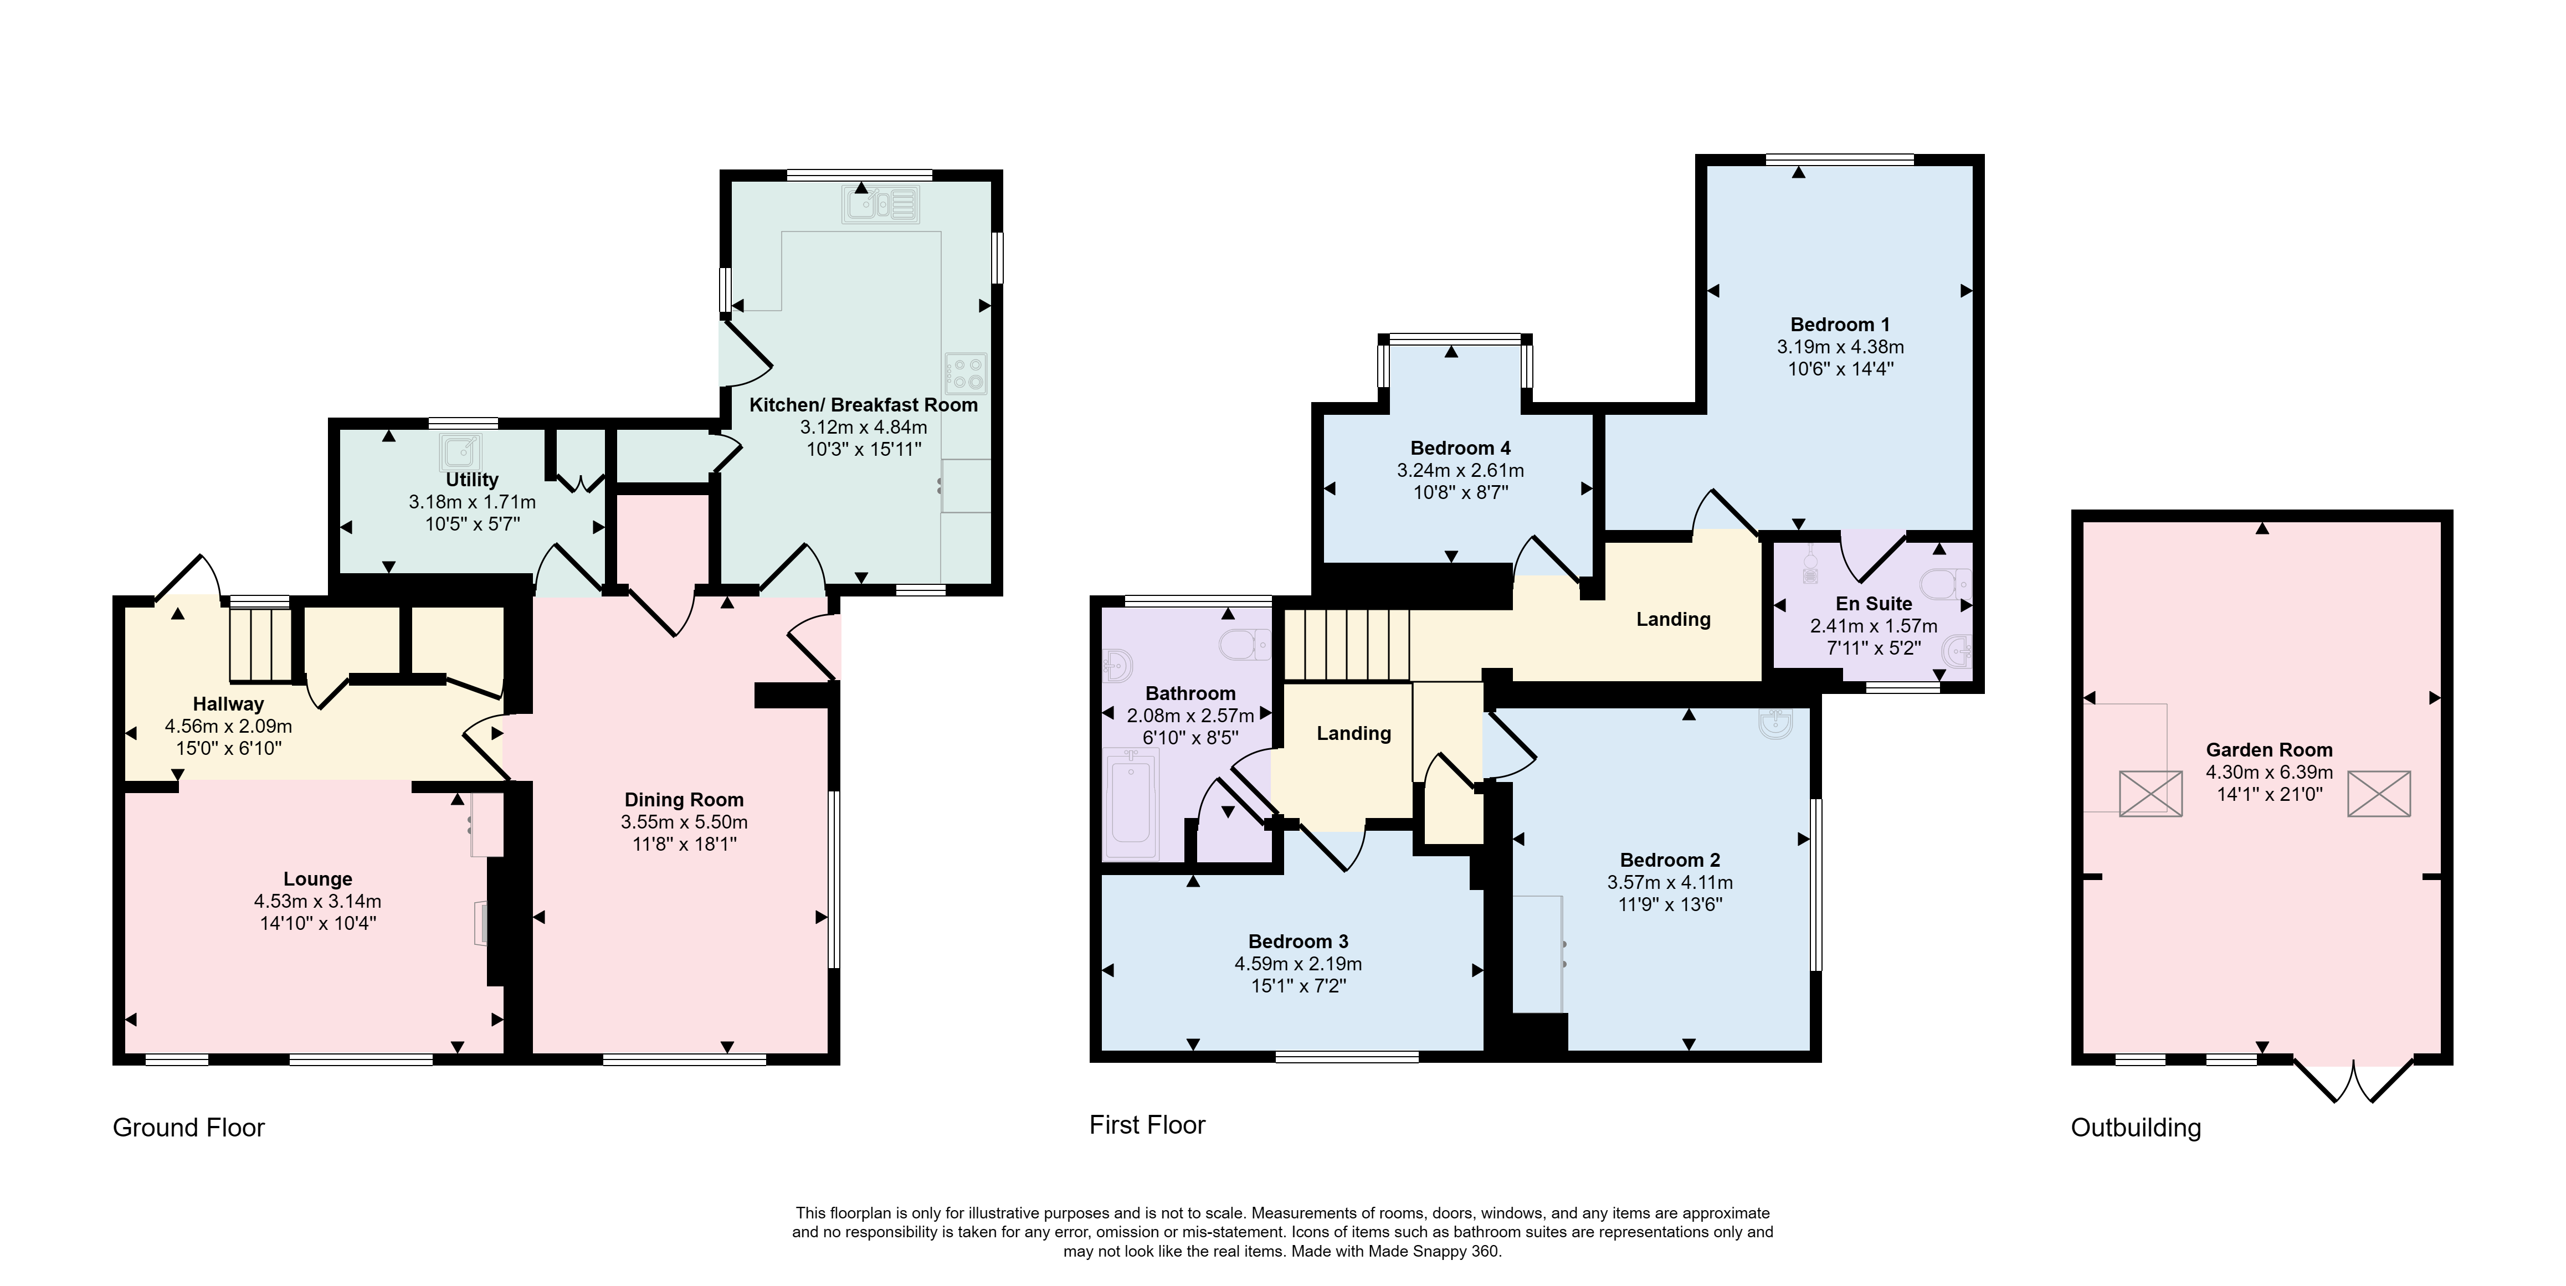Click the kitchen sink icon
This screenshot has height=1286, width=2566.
(881, 205)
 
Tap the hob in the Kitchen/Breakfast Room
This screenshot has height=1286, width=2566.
(965, 373)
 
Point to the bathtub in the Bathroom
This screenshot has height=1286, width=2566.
(1132, 805)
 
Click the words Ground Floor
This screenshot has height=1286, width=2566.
(188, 1128)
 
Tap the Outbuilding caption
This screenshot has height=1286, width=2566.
(2136, 1128)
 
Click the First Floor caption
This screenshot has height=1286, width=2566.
(1147, 1125)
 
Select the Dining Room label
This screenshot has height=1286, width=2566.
(684, 800)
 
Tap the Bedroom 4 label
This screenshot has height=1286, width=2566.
(1460, 448)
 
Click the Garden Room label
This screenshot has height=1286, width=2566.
(2269, 750)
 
